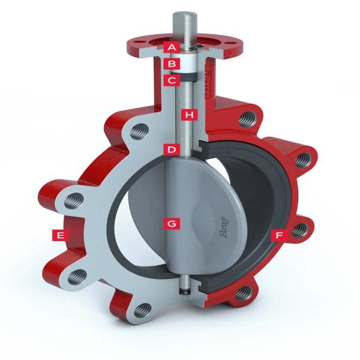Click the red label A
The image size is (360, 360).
(x=172, y=46)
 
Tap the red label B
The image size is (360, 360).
(x=172, y=62)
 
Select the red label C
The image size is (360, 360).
(x=172, y=79)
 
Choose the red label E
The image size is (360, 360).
(x=59, y=235)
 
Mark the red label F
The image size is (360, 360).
(x=277, y=235)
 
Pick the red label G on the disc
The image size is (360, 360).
(x=172, y=223)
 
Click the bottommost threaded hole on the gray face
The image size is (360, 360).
(x=142, y=310)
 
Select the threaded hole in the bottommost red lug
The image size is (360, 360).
(x=243, y=292)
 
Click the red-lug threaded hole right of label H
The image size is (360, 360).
(x=245, y=118)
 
